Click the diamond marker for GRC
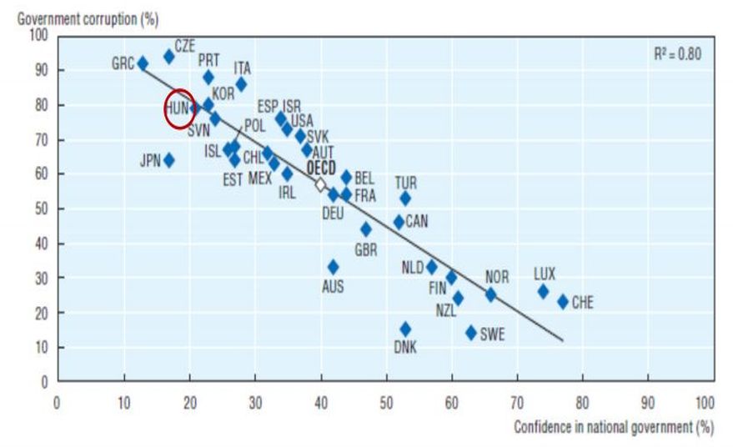pyautogui.click(x=143, y=63)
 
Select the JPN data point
pyautogui.click(x=169, y=160)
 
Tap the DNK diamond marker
pyautogui.click(x=405, y=329)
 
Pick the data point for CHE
pyautogui.click(x=563, y=301)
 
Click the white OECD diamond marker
pyautogui.click(x=320, y=185)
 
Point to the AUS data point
pyautogui.click(x=333, y=267)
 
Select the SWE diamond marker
pyautogui.click(x=471, y=332)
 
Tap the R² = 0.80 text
pyautogui.click(x=678, y=53)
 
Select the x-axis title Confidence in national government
pyautogui.click(x=614, y=426)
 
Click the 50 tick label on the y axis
pyautogui.click(x=40, y=208)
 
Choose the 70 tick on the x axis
pyautogui.click(x=517, y=400)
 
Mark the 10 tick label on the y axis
pyautogui.click(x=40, y=347)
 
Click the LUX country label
pyautogui.click(x=545, y=274)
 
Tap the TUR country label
pyautogui.click(x=406, y=182)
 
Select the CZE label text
pyautogui.click(x=184, y=45)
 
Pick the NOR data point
pyautogui.click(x=490, y=294)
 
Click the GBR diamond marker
pyautogui.click(x=366, y=229)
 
